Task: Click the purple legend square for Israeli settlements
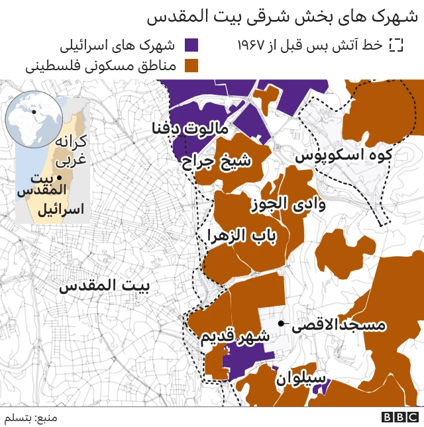tap(192, 45)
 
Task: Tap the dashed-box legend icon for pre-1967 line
tap(396, 45)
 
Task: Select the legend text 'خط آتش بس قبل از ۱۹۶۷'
tap(311, 45)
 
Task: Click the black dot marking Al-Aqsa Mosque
tap(282, 324)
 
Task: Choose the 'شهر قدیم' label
tap(235, 336)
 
